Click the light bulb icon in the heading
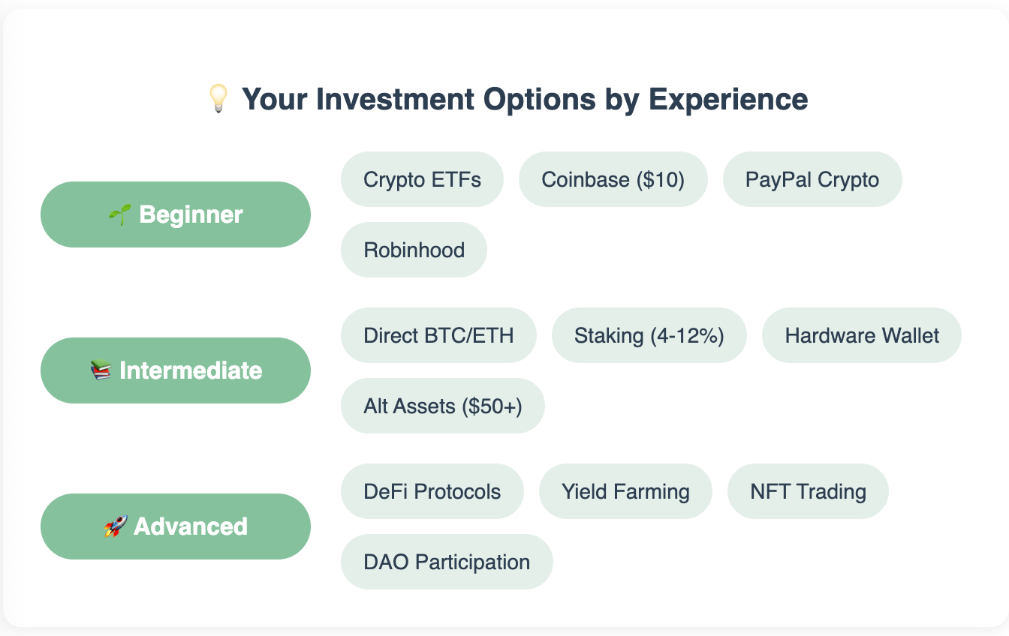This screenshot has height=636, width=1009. pos(218,98)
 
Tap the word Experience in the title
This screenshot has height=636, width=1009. pos(728,100)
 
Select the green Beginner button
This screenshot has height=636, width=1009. pos(176,214)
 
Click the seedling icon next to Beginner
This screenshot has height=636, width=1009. pos(120,214)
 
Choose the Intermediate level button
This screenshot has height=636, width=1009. pos(176,370)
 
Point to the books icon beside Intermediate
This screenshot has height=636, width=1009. pos(101,370)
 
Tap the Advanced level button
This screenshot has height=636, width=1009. pos(176,526)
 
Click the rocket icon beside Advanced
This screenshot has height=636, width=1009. pos(116,526)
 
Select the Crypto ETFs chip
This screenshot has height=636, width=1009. pos(422,179)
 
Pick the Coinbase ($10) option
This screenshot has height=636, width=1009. pos(613,179)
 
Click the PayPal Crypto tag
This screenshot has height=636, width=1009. pos(812,179)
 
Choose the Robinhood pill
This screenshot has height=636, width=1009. pos(414,250)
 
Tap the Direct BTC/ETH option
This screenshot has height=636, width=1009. pos(438,335)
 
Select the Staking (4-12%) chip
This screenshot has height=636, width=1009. pos(649,335)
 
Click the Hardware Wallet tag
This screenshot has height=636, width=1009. pos(862,335)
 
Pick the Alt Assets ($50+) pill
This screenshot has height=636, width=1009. pos(443,406)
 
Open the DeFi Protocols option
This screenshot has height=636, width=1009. pos(432,491)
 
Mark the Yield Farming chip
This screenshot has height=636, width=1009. pos(625,491)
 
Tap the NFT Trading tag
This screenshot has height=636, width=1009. pos(808,491)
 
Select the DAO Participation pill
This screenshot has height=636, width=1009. pos(447,562)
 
